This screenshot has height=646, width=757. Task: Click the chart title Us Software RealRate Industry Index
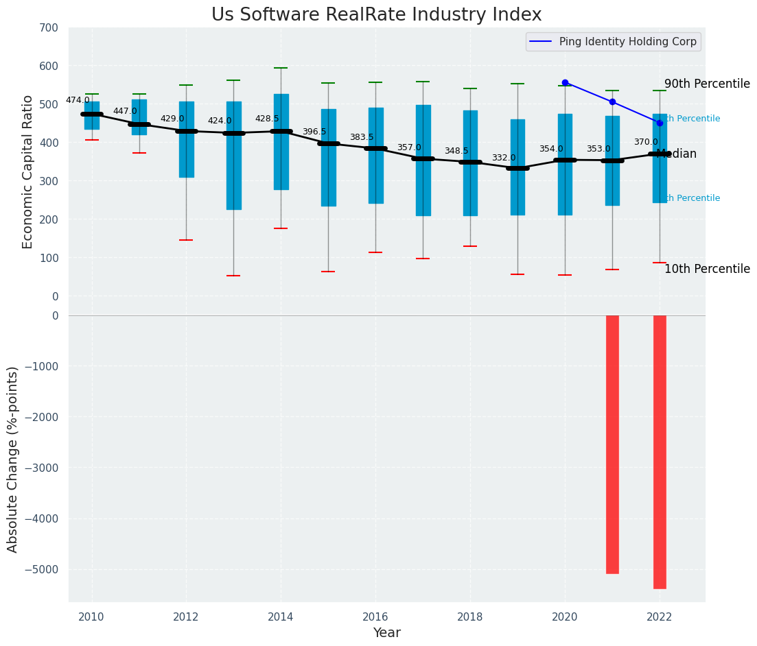tap(376, 15)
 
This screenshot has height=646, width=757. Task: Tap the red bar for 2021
tap(612, 444)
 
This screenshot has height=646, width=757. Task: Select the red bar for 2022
tap(660, 452)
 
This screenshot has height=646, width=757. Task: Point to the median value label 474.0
tap(78, 100)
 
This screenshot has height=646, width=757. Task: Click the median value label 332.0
tap(504, 158)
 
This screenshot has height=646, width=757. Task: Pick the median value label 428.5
tap(267, 119)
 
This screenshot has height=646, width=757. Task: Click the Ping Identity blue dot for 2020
tap(565, 82)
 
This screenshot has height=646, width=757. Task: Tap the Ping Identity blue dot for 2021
tap(612, 101)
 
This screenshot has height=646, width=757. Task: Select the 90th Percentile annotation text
tap(707, 84)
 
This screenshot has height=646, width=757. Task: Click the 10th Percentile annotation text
tap(707, 269)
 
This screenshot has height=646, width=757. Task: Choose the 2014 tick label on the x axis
tap(281, 617)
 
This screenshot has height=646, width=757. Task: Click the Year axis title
tap(386, 633)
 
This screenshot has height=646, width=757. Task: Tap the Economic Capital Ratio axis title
tap(28, 171)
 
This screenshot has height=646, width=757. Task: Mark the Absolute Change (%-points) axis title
tap(13, 459)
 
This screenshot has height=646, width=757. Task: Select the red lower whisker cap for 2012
tap(186, 240)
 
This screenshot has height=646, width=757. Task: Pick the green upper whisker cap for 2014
tap(281, 68)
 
